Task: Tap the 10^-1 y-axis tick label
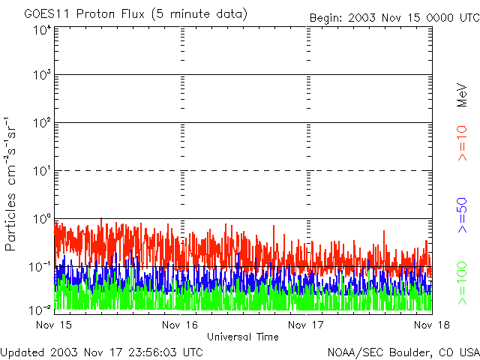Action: pos(40,266)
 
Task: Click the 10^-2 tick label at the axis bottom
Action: pos(40,309)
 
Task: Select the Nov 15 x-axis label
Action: pos(53,325)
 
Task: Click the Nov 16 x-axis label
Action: pos(180,325)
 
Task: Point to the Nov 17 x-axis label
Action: pos(306,325)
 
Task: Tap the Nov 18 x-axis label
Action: pos(431,325)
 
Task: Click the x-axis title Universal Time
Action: pos(242,337)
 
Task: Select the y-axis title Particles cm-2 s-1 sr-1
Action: pos(12,184)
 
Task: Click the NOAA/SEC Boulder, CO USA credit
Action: pos(403,352)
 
